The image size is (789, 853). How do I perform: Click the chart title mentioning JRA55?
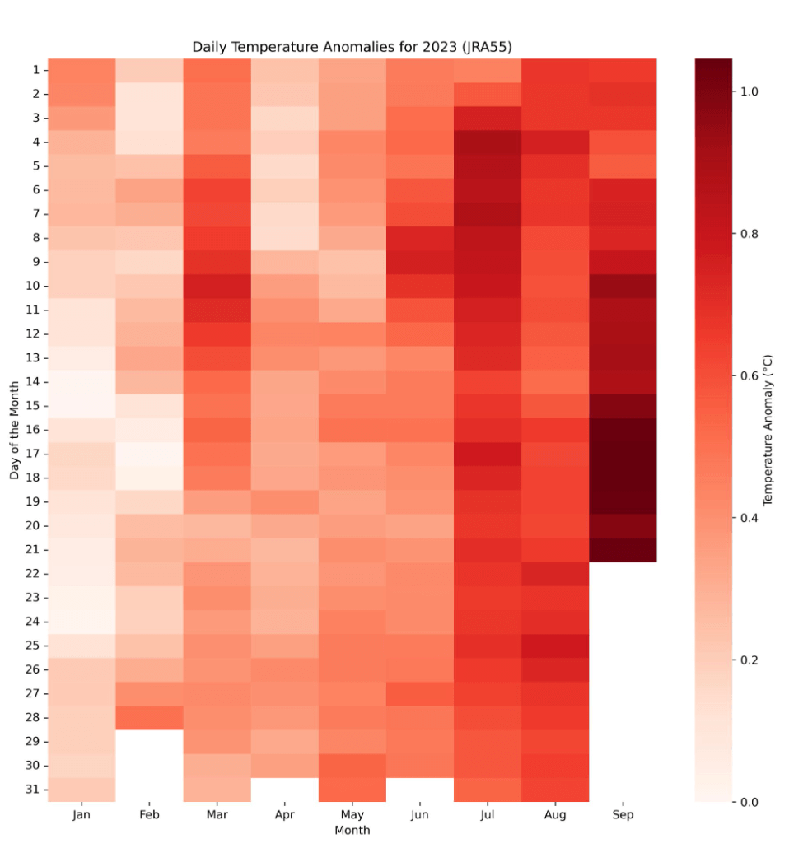point(352,47)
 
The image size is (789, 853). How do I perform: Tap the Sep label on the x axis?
point(623,815)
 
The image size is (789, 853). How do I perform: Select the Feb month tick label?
point(149,815)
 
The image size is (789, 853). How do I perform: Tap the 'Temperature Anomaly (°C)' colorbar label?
point(768,430)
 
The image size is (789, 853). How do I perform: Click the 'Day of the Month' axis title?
point(15,430)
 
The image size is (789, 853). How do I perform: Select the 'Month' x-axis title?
point(352,830)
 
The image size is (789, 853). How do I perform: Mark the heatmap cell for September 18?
point(623,478)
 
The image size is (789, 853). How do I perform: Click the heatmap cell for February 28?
point(149,717)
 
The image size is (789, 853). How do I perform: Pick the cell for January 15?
point(82,405)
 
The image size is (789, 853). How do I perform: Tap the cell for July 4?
point(488,142)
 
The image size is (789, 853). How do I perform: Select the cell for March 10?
point(217,286)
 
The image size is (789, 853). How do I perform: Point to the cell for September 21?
point(623,549)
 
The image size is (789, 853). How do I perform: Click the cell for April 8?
point(284,237)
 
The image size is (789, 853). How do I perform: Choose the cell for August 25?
point(555,646)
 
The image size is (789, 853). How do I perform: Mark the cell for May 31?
point(352,790)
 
